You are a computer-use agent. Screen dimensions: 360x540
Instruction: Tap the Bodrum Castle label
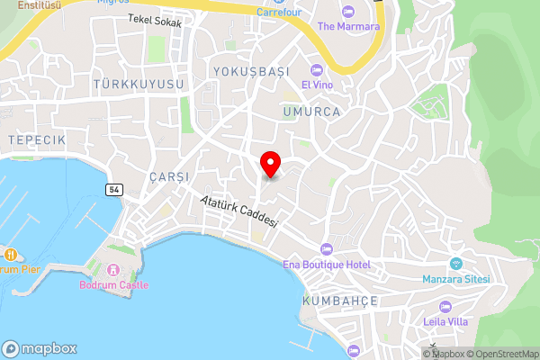click(x=113, y=285)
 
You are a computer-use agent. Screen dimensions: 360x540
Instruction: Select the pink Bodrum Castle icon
click(x=113, y=269)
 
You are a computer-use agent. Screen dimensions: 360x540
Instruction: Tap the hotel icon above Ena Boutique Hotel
click(x=326, y=248)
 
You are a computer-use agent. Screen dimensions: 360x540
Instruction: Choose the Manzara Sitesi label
click(x=456, y=279)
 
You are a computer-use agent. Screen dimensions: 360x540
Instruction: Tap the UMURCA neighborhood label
click(x=310, y=112)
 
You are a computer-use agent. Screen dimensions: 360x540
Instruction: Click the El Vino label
click(x=318, y=85)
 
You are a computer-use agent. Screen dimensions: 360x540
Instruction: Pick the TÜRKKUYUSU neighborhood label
click(x=138, y=84)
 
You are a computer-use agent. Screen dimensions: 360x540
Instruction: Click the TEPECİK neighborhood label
click(x=36, y=140)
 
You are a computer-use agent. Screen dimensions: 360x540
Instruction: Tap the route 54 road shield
click(x=113, y=190)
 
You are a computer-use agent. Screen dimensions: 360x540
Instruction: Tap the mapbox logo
click(x=40, y=349)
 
